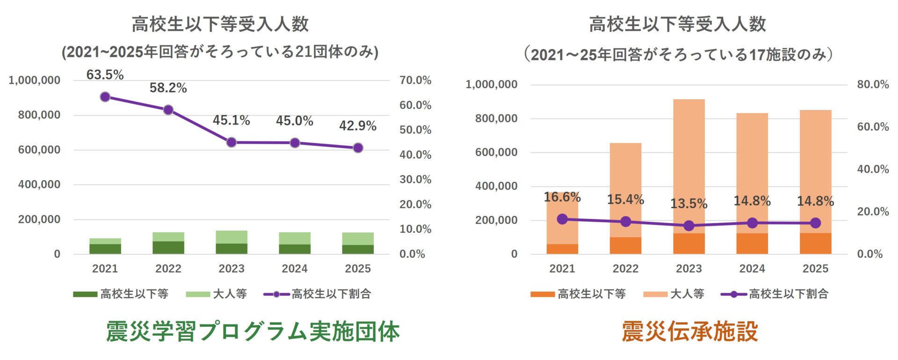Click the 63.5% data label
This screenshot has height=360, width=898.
click(105, 75)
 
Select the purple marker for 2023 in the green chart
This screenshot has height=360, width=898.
click(232, 142)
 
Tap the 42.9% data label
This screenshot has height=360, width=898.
click(358, 126)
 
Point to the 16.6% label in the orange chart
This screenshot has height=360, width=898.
click(562, 197)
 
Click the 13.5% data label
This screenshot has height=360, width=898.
click(688, 204)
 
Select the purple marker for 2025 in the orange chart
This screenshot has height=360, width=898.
click(815, 223)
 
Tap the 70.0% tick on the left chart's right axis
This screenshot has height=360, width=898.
click(415, 80)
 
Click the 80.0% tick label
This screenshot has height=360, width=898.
click(873, 85)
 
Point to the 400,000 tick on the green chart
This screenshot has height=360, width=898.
click(39, 185)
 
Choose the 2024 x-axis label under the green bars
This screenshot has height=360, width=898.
click(295, 269)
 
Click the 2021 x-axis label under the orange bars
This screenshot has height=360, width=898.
click(562, 269)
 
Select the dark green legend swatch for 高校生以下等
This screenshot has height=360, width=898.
click(85, 294)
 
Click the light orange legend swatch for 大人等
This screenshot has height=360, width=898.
click(655, 294)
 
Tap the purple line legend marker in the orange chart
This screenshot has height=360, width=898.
click(733, 294)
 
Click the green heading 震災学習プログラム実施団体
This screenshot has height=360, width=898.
click(253, 331)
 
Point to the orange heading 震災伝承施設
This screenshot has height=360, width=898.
click(689, 331)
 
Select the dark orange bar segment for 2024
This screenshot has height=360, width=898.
click(752, 244)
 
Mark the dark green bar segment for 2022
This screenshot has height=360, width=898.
click(168, 248)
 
